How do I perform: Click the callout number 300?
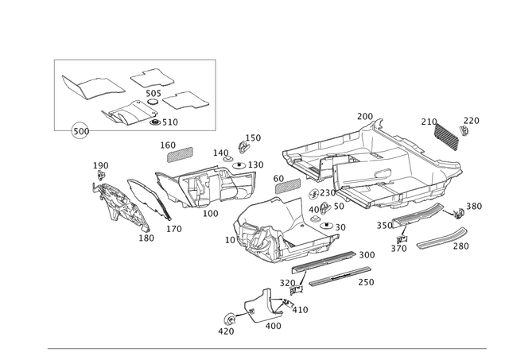367,254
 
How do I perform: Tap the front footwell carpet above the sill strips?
262,230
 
